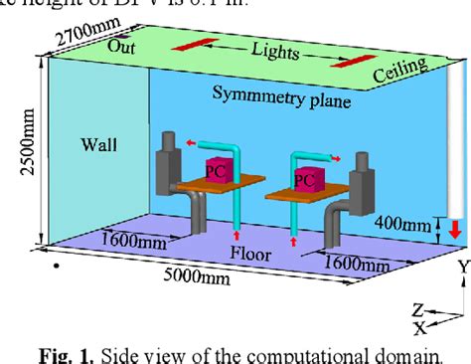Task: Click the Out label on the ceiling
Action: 121,45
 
